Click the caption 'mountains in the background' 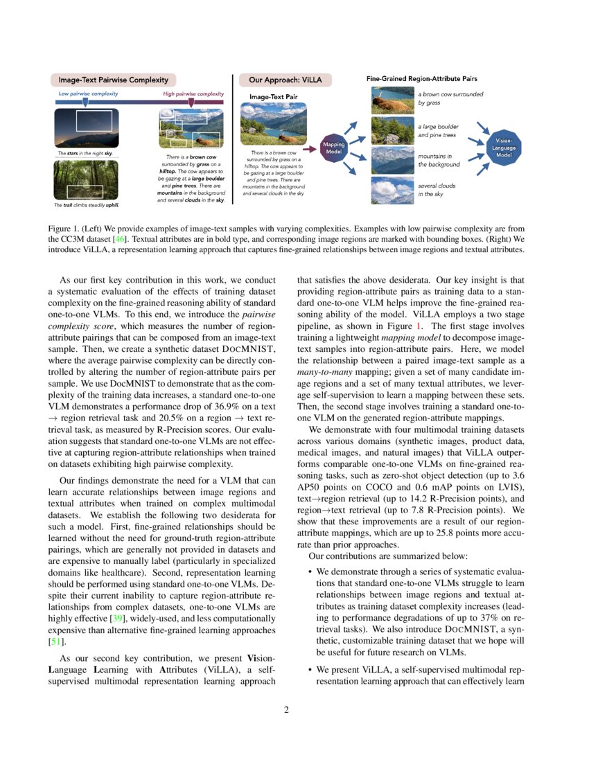click(439, 160)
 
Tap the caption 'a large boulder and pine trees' click(442, 131)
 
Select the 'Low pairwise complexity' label click(88, 93)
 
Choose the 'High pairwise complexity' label click(193, 93)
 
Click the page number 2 click(294, 709)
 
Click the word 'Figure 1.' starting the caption click(64, 228)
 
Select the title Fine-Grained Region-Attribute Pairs click(421, 80)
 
